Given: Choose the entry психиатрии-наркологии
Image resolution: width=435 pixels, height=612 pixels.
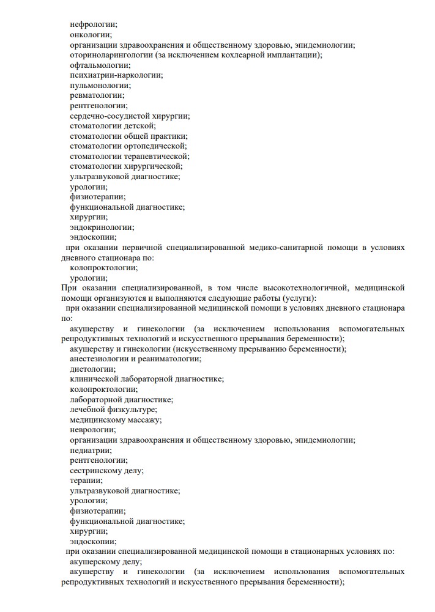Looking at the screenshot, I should tap(116, 75).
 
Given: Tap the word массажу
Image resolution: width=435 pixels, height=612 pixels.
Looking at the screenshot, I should tap(145, 419).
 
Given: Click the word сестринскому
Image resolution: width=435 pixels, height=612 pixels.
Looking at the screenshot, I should tap(97, 470).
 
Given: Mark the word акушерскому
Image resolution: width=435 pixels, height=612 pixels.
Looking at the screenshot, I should tap(97, 561).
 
